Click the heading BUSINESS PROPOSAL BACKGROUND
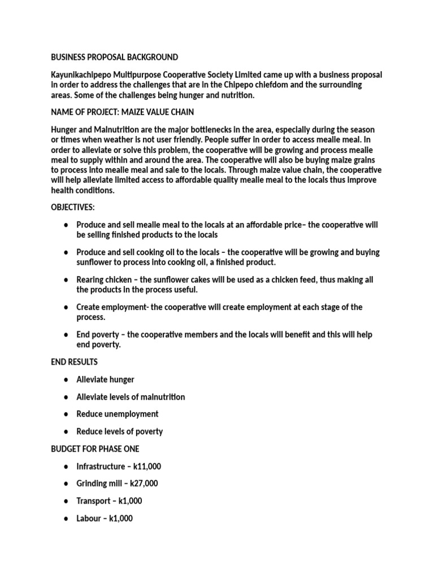(x=114, y=57)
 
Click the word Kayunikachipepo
(x=83, y=75)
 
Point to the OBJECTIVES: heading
(x=73, y=207)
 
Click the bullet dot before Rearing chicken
(x=66, y=280)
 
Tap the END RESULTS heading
(x=74, y=362)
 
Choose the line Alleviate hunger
(x=105, y=379)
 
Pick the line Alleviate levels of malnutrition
(x=131, y=397)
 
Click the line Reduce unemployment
(x=118, y=414)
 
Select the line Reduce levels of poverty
(x=119, y=431)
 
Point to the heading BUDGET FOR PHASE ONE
(x=95, y=449)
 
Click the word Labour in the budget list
(x=89, y=518)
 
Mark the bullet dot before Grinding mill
(x=66, y=484)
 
